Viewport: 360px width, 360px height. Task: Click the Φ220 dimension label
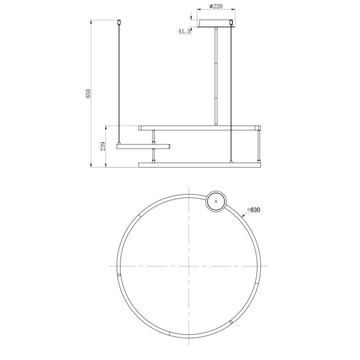216,6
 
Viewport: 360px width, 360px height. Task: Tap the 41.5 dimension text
185,31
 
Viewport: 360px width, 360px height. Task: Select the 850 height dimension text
88,94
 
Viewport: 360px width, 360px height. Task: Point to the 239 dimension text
103,146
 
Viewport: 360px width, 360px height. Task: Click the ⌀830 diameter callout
254,210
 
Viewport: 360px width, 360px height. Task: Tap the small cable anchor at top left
119,22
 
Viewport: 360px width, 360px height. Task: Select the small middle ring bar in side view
143,147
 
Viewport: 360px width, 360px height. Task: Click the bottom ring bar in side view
199,165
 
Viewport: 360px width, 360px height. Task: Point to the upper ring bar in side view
199,128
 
